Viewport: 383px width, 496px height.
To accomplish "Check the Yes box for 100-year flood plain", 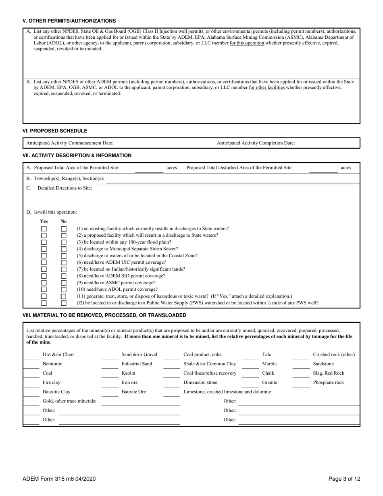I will coord(44,242).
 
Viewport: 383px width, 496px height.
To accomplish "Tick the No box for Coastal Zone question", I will coord(64,256).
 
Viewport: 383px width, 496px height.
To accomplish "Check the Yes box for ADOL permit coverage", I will coord(44,290).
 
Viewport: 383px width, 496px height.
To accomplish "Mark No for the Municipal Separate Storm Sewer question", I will coord(64,249).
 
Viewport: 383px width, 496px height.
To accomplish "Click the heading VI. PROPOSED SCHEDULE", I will coord(55,131).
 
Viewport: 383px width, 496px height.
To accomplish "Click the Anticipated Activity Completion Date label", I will coord(256,143).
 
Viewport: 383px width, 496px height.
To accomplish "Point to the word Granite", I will coord(269,382).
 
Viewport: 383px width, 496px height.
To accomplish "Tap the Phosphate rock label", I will coord(328,382).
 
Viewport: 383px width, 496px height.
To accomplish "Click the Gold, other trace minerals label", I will coord(69,401).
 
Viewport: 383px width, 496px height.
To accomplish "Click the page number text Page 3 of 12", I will coord(344,479).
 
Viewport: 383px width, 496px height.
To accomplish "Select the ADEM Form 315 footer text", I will coord(59,479).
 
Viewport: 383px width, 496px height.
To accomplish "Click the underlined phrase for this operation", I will coord(247,43).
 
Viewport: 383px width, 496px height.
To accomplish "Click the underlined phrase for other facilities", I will coord(266,88).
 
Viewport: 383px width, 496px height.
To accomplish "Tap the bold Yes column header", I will coord(44,221).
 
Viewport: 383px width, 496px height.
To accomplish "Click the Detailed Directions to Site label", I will coord(65,188).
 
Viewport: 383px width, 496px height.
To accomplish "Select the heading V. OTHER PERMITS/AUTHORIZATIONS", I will coord(69,21).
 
